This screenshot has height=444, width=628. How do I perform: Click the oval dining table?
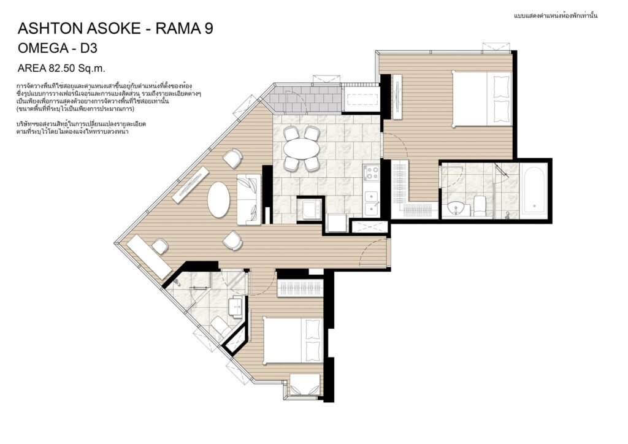click(x=302, y=149)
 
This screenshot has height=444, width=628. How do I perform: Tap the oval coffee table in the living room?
click(x=219, y=200)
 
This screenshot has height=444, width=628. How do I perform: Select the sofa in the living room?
click(x=248, y=199)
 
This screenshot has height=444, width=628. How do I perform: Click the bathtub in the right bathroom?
click(x=534, y=189)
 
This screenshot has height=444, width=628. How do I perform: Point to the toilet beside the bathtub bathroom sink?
click(x=480, y=205)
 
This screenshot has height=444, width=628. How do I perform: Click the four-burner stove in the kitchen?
click(x=371, y=172)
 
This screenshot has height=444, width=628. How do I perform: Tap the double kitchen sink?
click(x=371, y=202)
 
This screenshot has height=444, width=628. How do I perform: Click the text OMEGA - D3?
click(x=58, y=48)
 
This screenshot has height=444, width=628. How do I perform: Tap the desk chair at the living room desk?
click(x=160, y=245)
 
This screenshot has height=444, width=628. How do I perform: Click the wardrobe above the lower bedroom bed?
click(x=299, y=289)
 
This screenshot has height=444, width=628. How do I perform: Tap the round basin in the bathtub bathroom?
click(x=456, y=208)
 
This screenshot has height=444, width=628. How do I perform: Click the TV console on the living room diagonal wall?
click(x=191, y=184)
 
